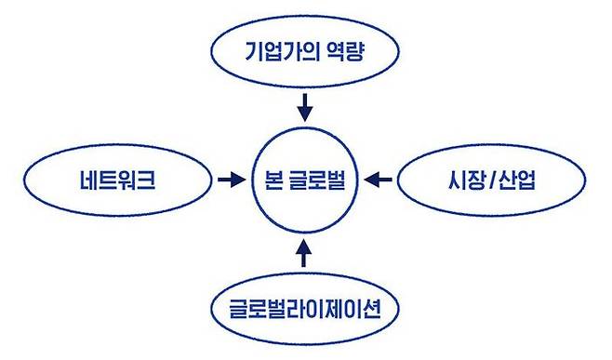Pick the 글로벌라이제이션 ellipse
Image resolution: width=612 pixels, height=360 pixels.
[305, 305]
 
